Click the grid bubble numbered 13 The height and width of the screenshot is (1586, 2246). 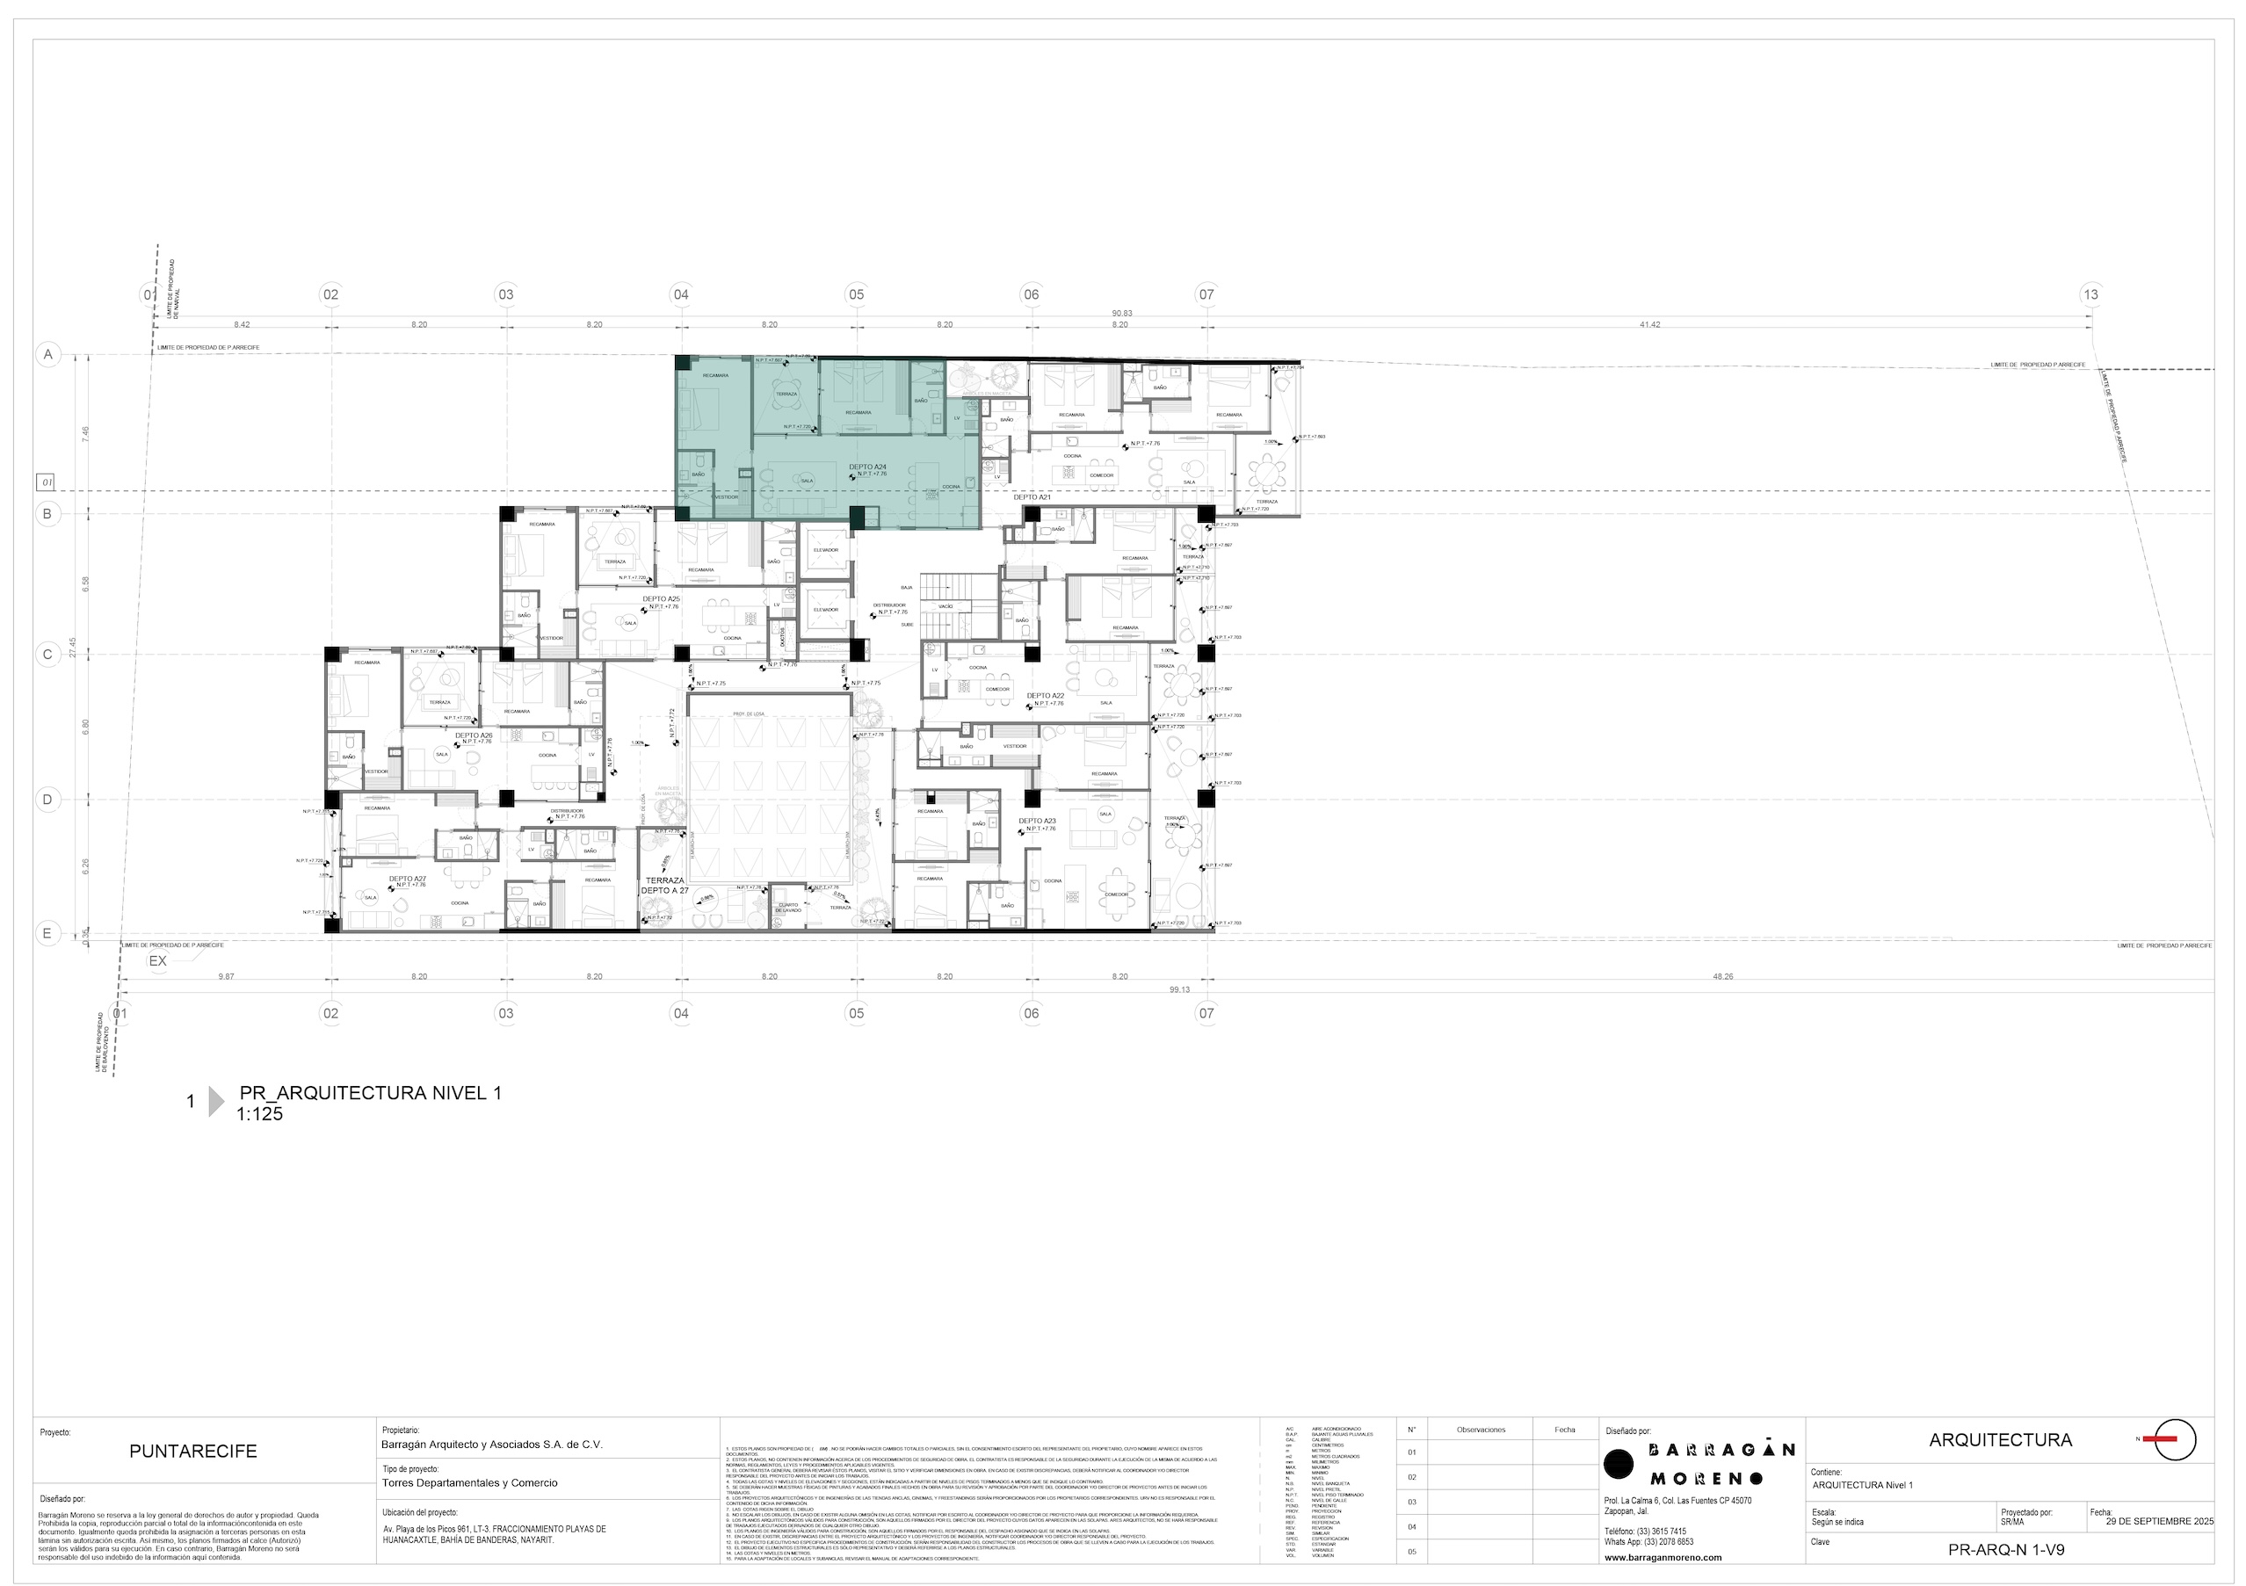(2090, 294)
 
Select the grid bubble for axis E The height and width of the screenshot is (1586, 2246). (47, 933)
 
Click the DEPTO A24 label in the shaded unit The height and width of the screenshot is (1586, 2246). (866, 467)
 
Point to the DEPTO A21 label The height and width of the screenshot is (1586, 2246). (1031, 497)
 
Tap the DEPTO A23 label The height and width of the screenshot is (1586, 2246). (1037, 821)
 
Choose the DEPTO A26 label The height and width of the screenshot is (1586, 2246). (474, 735)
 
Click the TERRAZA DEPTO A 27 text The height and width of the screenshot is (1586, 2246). (664, 886)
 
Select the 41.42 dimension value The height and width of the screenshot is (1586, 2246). (1648, 325)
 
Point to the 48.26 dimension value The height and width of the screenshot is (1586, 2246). (1721, 976)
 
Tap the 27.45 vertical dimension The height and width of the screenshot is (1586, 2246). (72, 648)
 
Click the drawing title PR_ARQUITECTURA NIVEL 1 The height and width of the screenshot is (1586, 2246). (370, 1093)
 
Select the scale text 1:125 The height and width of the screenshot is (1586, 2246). (259, 1113)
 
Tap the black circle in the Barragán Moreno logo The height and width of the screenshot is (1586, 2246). (1619, 1464)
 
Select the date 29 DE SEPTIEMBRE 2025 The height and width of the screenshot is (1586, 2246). (2159, 1522)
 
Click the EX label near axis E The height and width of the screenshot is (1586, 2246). (157, 960)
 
